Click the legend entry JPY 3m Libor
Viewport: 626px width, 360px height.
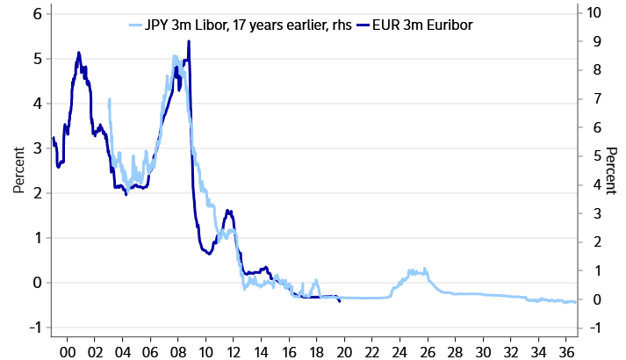(x=228, y=25)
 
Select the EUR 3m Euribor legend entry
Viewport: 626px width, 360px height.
(x=418, y=25)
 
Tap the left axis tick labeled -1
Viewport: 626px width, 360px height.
(x=34, y=328)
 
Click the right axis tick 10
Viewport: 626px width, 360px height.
(x=594, y=14)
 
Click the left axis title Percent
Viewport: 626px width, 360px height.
(x=17, y=170)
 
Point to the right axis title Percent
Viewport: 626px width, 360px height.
(x=613, y=170)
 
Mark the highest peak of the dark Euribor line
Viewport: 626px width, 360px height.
(x=189, y=41)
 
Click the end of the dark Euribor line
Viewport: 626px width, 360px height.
(x=340, y=301)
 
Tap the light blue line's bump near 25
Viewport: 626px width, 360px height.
(x=414, y=271)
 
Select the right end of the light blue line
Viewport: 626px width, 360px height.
(x=576, y=302)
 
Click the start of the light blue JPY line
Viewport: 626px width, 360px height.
(x=108, y=100)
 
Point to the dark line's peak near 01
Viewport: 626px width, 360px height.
(x=79, y=53)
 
